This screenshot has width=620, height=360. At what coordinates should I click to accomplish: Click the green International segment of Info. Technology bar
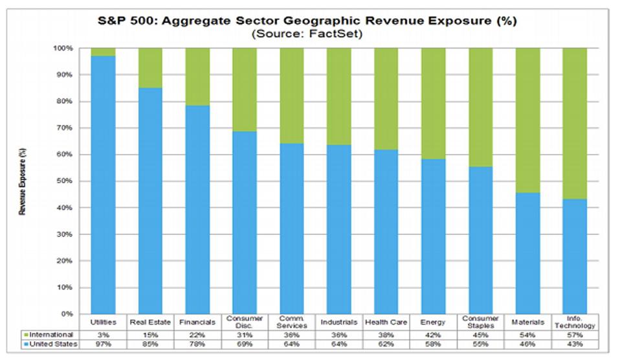click(574, 123)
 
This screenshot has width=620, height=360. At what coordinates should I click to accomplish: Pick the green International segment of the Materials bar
click(527, 120)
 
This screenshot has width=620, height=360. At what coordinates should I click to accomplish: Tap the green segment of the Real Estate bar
click(150, 67)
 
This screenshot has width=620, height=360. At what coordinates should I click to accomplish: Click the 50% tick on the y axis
click(71, 181)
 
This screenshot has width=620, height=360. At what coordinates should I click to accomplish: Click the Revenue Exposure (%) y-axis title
click(23, 181)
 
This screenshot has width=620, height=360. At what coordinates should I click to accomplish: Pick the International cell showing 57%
click(574, 335)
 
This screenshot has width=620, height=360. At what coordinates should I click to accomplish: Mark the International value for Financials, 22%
click(197, 335)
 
